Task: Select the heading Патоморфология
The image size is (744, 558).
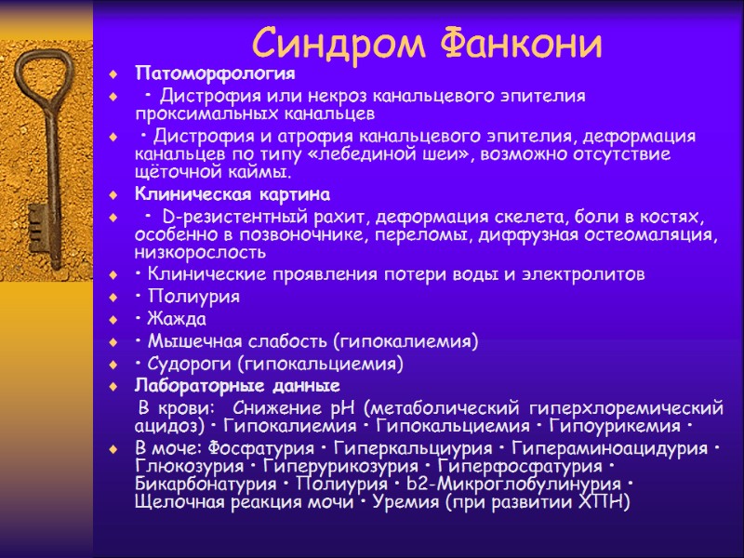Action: pos(215,73)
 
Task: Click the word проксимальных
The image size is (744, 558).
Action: pos(201,114)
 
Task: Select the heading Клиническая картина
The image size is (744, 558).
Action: pos(232,194)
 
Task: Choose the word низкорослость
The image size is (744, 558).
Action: pos(200,253)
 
